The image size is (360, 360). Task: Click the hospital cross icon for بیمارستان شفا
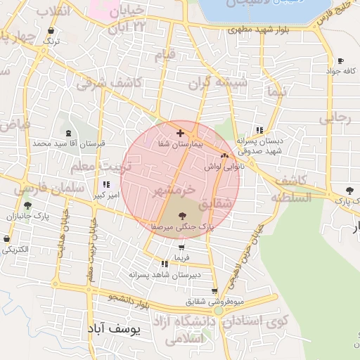181,132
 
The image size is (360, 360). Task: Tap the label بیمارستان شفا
181,143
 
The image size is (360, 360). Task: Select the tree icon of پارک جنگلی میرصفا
182,216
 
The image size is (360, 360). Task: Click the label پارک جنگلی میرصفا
181,227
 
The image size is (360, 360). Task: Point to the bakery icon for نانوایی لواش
224,156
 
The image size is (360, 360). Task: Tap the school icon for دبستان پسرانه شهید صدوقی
259,130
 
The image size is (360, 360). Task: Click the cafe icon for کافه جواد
341,61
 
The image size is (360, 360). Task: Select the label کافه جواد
341,72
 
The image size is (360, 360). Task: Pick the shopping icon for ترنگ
51,31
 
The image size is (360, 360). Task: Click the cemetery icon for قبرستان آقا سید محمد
67,133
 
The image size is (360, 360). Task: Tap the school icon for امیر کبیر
106,184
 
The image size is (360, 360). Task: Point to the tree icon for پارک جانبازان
27,206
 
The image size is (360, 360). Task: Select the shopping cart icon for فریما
182,247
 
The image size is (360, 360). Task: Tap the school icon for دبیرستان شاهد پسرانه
164,264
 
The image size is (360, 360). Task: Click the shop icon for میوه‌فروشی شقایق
214,291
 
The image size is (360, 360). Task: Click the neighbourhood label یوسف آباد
114,328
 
